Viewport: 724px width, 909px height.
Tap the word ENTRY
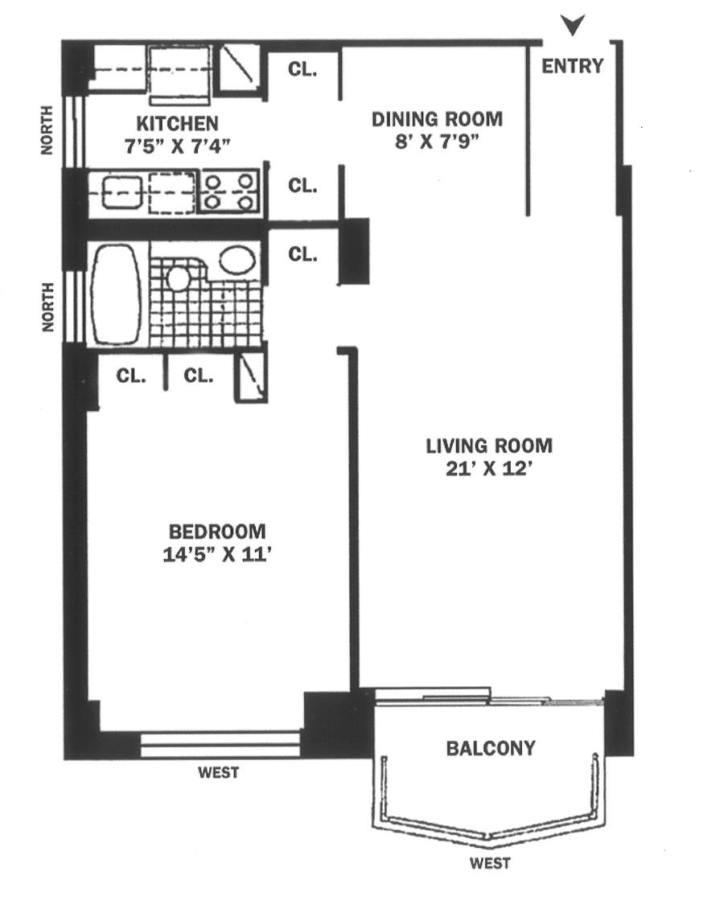tap(573, 66)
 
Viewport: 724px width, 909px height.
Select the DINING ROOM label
tap(437, 119)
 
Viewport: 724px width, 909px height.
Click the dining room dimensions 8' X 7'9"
tap(438, 141)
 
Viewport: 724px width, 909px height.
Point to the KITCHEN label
tap(177, 124)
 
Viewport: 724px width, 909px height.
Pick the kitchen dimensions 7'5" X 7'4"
tap(177, 146)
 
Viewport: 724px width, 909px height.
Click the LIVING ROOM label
tap(489, 446)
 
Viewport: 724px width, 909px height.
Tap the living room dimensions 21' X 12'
tap(489, 468)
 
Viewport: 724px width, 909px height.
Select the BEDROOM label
tap(217, 532)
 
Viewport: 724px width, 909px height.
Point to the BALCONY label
tap(491, 748)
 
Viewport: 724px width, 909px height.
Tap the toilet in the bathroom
tap(177, 277)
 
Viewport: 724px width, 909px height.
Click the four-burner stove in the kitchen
tap(229, 191)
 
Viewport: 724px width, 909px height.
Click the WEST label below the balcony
tap(491, 864)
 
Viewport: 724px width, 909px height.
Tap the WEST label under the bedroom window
tap(219, 773)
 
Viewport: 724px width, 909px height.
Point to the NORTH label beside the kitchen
tap(47, 130)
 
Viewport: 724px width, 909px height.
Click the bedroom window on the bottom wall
tap(220, 744)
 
